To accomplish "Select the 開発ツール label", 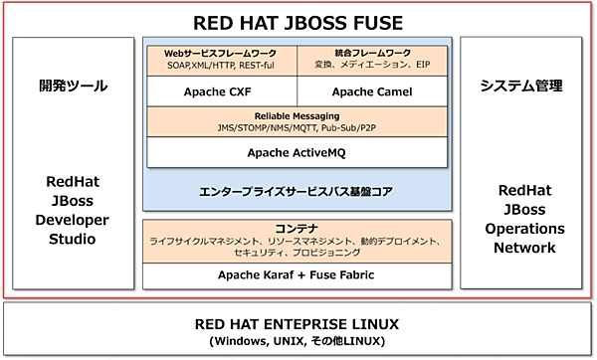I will (74, 87).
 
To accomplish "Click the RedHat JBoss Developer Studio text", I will (75, 210).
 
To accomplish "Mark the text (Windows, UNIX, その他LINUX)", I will (298, 341).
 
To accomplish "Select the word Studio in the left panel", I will (75, 239).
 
